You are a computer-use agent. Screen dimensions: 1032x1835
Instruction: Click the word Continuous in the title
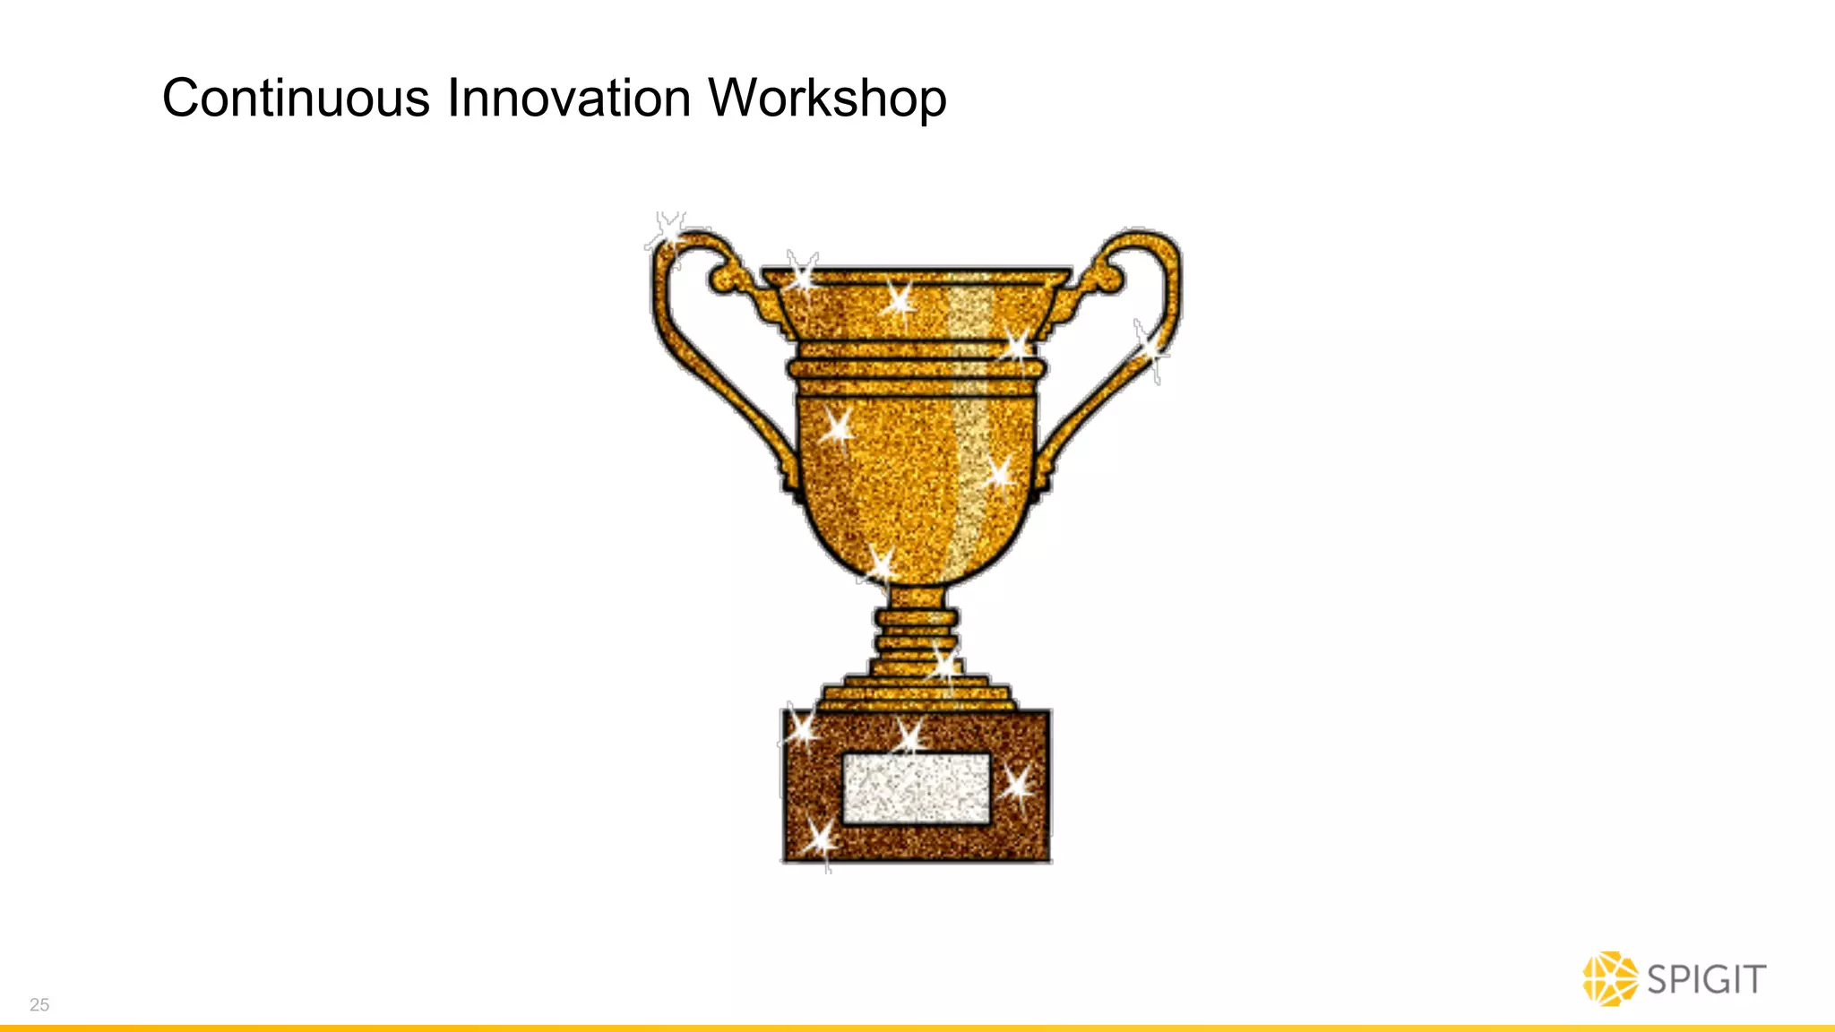click(296, 98)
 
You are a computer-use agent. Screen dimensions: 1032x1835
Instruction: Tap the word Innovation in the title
click(569, 98)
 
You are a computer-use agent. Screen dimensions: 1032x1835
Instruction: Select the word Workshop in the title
click(827, 98)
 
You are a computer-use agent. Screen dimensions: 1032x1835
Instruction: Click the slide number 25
click(39, 1004)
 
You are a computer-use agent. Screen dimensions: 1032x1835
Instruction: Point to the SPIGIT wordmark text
click(1707, 979)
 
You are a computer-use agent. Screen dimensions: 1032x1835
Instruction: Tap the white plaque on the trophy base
click(916, 787)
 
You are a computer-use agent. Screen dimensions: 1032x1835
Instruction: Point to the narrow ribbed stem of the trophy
click(916, 632)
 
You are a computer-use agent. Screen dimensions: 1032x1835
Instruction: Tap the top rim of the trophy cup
click(916, 275)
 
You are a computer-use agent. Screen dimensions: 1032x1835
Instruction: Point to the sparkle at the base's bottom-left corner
click(820, 840)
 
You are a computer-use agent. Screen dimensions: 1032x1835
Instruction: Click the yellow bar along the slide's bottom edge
click(917, 1028)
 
